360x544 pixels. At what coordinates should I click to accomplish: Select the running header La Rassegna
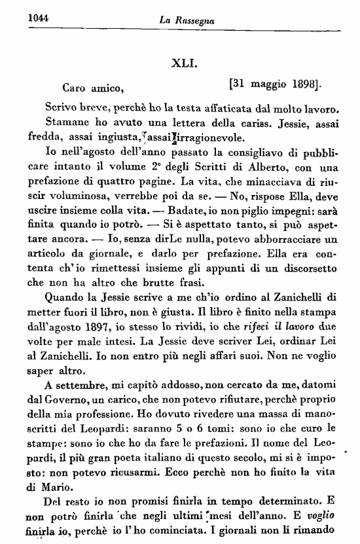click(187, 21)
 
